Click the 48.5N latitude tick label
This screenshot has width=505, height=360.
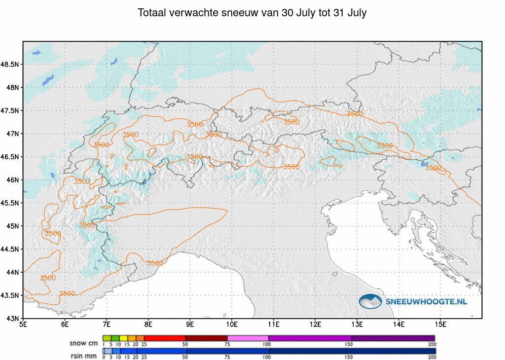[10, 65]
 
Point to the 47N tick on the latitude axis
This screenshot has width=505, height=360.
[12, 134]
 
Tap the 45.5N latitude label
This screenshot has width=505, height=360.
[10, 203]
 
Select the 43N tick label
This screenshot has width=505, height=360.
[12, 319]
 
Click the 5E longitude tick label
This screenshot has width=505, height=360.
[23, 324]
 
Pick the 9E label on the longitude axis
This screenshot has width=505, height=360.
[190, 324]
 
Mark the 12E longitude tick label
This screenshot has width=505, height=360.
[315, 324]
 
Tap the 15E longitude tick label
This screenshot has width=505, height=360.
[440, 324]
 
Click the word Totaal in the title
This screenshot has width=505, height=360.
[152, 13]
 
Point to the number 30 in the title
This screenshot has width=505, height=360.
[288, 13]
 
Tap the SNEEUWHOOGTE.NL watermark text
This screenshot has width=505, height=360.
[426, 302]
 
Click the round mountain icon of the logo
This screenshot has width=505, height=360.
[370, 301]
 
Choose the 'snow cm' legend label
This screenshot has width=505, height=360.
[83, 344]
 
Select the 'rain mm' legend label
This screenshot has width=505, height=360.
[84, 356]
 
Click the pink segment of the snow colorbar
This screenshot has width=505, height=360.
[248, 338]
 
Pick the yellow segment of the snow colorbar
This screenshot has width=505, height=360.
[124, 338]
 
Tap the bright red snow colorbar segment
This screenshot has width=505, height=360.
[165, 338]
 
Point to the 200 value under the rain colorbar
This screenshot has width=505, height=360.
[432, 357]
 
